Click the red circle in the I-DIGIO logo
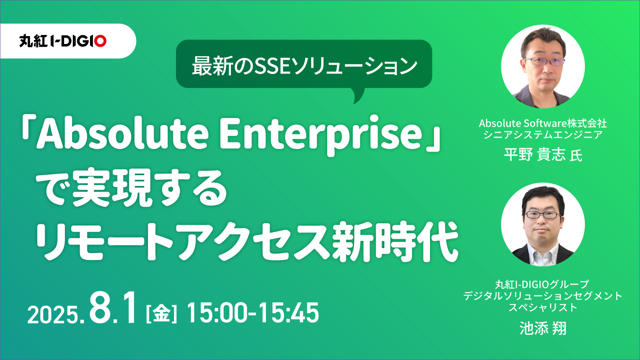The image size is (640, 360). [100, 41]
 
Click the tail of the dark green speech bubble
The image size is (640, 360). [358, 96]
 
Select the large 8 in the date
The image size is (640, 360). [100, 308]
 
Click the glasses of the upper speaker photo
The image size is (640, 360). [544, 61]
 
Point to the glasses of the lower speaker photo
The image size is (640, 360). [542, 215]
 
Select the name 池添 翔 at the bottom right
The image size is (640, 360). [542, 328]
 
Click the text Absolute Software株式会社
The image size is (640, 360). [543, 124]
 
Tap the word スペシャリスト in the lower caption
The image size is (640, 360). [543, 308]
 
